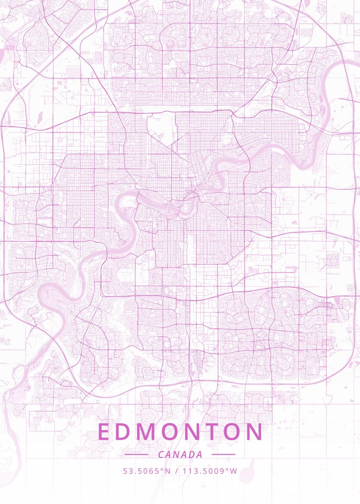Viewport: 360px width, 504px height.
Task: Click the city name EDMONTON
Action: point(180,432)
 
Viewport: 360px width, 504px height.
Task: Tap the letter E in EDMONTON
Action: point(103,432)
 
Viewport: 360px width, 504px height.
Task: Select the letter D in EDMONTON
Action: point(123,432)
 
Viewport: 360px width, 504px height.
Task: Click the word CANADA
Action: point(180,454)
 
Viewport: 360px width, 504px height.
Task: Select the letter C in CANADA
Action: point(161,454)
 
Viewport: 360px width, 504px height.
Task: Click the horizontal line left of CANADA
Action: point(136,454)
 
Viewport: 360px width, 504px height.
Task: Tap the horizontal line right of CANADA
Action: point(223,454)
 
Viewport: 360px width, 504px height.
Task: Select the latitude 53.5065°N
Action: point(147,471)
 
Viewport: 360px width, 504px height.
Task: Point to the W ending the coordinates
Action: point(234,471)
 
